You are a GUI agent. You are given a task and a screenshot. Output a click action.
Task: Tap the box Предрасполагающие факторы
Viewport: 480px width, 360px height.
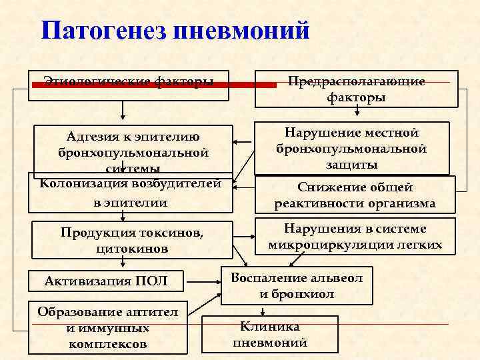click(x=356, y=89)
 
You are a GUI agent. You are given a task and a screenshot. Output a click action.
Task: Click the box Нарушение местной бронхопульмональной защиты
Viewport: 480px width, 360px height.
click(x=351, y=148)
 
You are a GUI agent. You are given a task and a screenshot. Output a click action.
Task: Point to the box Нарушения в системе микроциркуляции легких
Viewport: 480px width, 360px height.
click(x=355, y=236)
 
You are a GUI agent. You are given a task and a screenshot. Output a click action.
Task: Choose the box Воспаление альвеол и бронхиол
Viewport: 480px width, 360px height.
click(x=297, y=285)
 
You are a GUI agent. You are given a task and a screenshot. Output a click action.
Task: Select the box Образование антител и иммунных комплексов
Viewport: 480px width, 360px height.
click(x=108, y=328)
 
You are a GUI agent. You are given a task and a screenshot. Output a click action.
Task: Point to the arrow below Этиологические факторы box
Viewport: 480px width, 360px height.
click(x=121, y=109)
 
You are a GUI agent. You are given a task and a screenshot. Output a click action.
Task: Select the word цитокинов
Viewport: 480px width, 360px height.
click(x=132, y=248)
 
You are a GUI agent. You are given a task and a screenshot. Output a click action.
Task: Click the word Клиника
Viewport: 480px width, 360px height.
click(x=270, y=327)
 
